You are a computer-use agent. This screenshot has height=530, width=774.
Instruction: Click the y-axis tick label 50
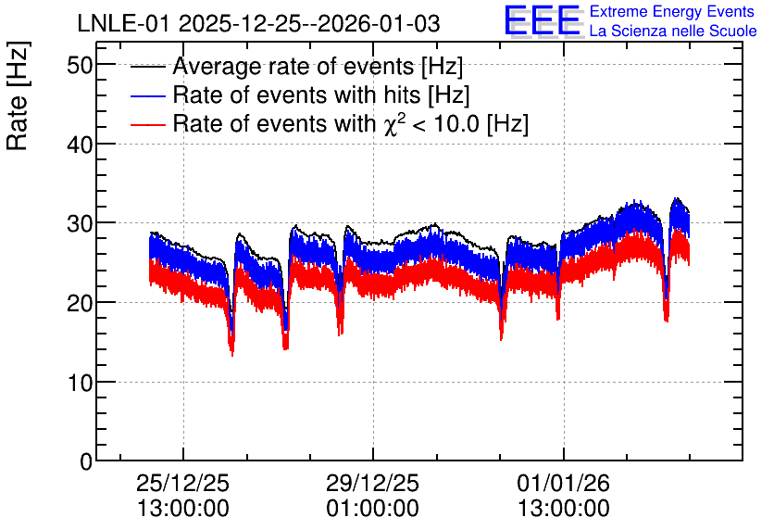(80, 65)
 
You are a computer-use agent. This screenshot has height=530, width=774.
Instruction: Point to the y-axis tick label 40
(80, 145)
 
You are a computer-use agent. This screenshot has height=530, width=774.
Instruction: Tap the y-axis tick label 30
(80, 223)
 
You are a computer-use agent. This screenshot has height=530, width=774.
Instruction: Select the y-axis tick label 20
(80, 303)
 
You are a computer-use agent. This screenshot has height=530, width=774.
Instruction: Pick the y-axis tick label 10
(80, 383)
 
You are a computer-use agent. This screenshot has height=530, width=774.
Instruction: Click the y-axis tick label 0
(86, 462)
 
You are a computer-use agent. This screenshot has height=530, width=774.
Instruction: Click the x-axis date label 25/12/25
(182, 483)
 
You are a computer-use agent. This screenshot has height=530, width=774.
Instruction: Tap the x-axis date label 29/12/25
(373, 483)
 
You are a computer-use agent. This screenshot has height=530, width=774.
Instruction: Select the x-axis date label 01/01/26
(563, 483)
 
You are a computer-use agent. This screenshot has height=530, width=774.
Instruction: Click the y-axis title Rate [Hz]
(18, 95)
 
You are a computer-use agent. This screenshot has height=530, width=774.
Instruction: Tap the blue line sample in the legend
(147, 96)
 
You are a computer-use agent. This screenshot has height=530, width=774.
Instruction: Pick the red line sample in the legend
(147, 125)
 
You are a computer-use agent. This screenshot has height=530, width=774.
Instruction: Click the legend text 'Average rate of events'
(293, 67)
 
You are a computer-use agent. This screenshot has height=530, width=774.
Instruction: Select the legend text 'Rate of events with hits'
(296, 95)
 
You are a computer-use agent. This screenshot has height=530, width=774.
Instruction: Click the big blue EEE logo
(543, 20)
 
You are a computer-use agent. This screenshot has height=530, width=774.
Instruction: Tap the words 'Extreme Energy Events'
(672, 11)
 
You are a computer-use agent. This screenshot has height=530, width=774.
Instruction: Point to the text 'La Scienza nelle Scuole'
(673, 32)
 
